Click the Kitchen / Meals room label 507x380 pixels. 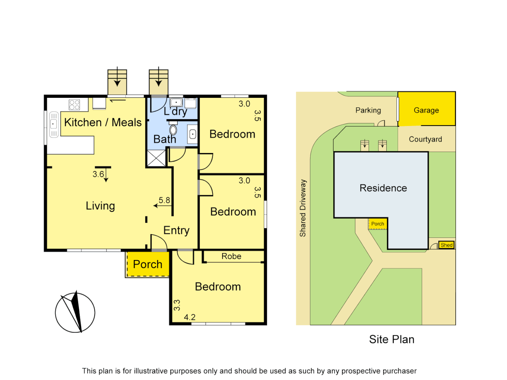click(x=103, y=122)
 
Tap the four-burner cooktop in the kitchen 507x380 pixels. click(x=74, y=104)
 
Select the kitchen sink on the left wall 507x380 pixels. click(x=54, y=124)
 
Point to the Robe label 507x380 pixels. click(x=231, y=256)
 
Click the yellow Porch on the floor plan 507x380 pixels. click(x=148, y=264)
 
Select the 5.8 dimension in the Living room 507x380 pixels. click(x=164, y=201)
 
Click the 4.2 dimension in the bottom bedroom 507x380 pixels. click(x=189, y=317)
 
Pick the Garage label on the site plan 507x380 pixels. click(x=426, y=110)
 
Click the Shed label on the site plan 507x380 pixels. click(x=446, y=245)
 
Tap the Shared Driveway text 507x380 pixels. click(x=303, y=208)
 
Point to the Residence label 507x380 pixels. click(x=383, y=188)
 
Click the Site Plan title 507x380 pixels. click(x=392, y=340)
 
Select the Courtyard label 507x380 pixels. click(x=425, y=139)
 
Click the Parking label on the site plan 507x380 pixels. click(x=368, y=110)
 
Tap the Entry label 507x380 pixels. click(x=176, y=230)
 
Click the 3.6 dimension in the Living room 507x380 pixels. click(x=98, y=174)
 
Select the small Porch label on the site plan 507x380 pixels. click(x=377, y=224)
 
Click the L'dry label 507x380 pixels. click(x=175, y=112)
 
